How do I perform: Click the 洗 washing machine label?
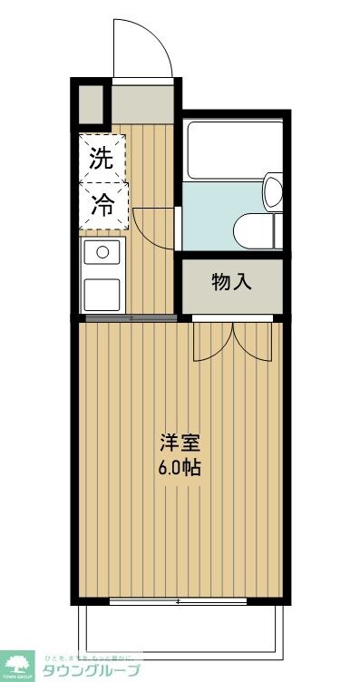point(101,159)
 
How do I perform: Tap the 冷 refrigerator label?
point(101,206)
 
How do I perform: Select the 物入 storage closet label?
point(231,283)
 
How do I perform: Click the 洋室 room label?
point(180,444)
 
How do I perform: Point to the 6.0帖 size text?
point(180,469)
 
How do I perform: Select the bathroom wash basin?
point(272,192)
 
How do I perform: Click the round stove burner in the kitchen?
point(102,252)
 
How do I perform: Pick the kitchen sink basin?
point(102,294)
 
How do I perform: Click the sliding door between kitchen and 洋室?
point(130,318)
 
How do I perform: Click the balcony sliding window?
point(178,602)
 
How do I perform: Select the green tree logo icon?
point(17,665)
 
